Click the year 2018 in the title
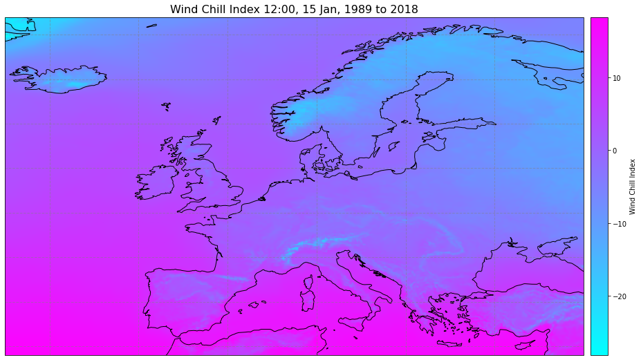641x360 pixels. point(401,9)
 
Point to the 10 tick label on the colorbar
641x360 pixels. point(616,78)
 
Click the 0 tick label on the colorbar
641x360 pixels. point(614,151)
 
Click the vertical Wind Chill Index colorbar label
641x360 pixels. point(633,185)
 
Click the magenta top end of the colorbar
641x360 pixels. point(599,21)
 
